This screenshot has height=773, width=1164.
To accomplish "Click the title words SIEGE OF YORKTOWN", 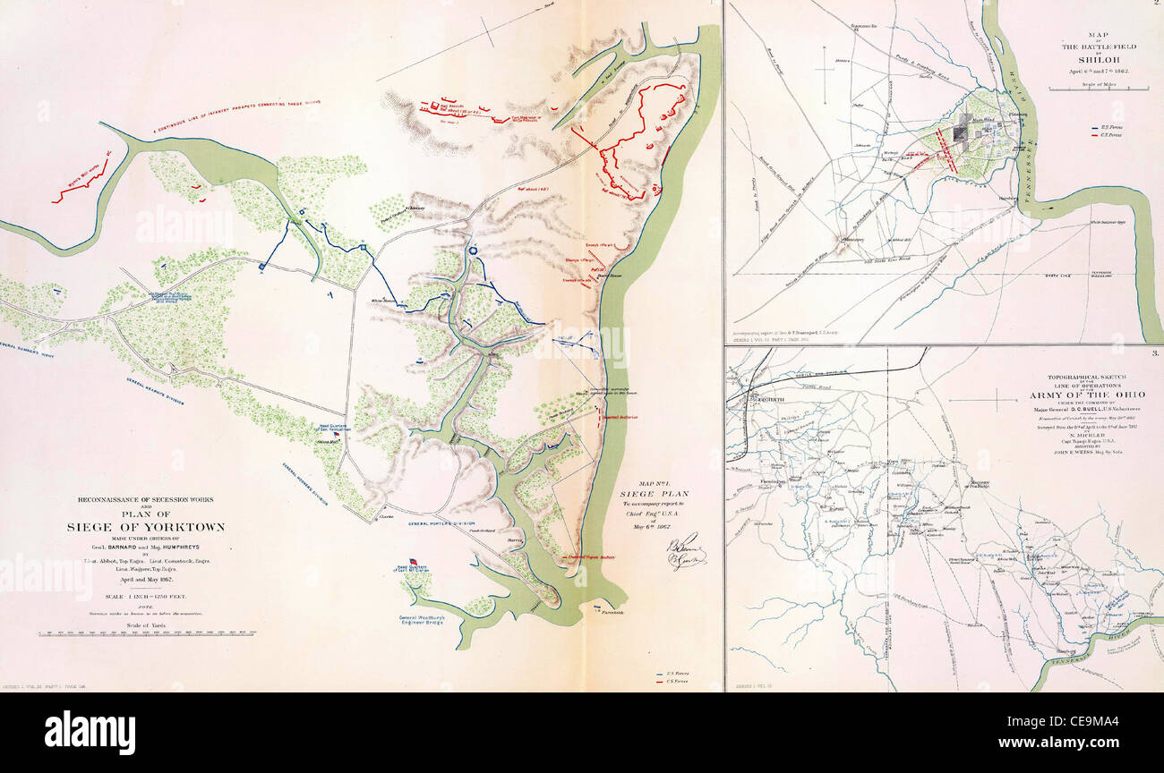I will (145, 527).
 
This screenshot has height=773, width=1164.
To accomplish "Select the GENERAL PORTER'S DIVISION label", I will (442, 523).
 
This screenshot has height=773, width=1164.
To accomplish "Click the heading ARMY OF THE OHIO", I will (1100, 395).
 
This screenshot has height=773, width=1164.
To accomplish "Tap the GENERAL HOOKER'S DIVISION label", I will (302, 484).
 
